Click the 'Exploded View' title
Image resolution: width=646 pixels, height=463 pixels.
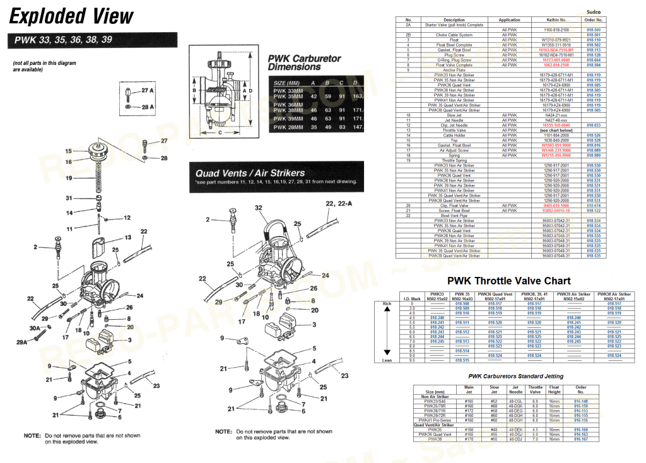[x=72, y=16]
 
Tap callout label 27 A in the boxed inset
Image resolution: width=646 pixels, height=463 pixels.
[x=148, y=91]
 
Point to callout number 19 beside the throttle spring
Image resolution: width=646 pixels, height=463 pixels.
[x=69, y=179]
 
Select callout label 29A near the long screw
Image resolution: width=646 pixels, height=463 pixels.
[x=22, y=342]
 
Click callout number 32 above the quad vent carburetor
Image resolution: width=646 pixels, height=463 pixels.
[x=258, y=208]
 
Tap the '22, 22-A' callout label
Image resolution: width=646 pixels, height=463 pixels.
[x=338, y=204]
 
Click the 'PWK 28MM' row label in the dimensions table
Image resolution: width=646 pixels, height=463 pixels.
[x=288, y=127]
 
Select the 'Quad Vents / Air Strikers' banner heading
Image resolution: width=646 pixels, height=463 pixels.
[x=250, y=173]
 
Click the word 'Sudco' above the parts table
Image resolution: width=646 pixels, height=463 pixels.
[x=594, y=12]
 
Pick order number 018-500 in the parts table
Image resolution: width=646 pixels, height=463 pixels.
[x=594, y=30]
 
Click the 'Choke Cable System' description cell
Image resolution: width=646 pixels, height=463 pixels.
[x=454, y=35]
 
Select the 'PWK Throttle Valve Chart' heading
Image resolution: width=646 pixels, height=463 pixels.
[x=508, y=281]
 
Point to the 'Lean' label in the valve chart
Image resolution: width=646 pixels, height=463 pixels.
[x=387, y=360]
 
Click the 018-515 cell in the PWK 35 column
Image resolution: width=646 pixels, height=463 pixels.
[x=462, y=360]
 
